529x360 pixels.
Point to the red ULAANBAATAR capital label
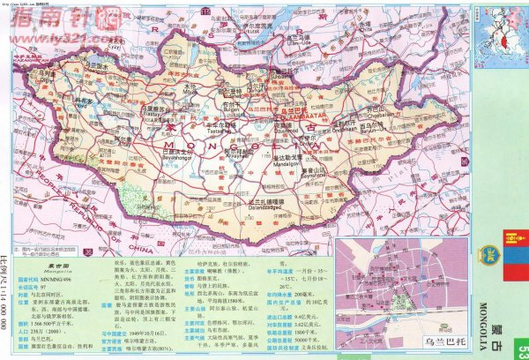click(304, 114)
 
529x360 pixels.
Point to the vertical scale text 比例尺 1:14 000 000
click(7, 300)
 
